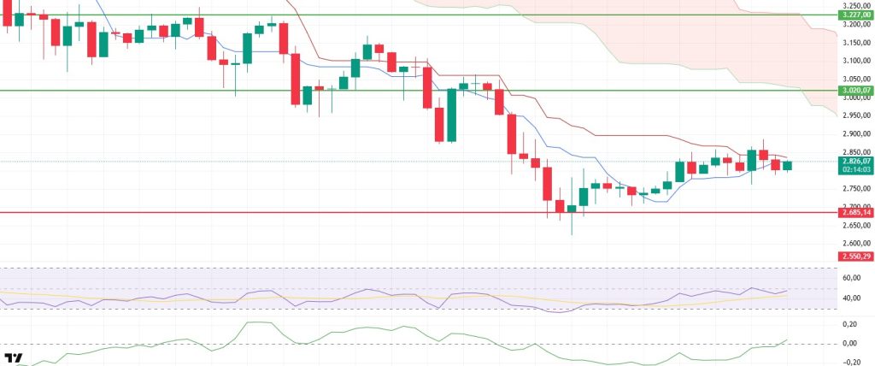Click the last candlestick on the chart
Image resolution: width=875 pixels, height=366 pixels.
click(787, 165)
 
